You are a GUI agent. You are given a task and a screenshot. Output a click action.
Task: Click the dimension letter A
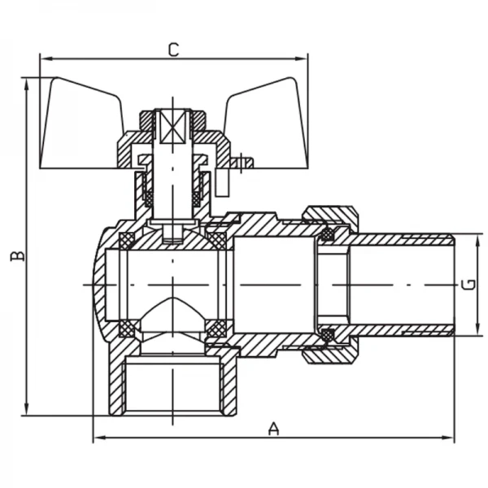tap(274, 428)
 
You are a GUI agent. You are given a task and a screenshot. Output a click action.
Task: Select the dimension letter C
tap(172, 49)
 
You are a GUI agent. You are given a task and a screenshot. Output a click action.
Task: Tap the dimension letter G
tap(467, 285)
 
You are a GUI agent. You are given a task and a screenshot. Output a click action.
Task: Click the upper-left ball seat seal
tap(128, 241)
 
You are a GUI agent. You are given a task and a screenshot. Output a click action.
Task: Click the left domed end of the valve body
tap(99, 285)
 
